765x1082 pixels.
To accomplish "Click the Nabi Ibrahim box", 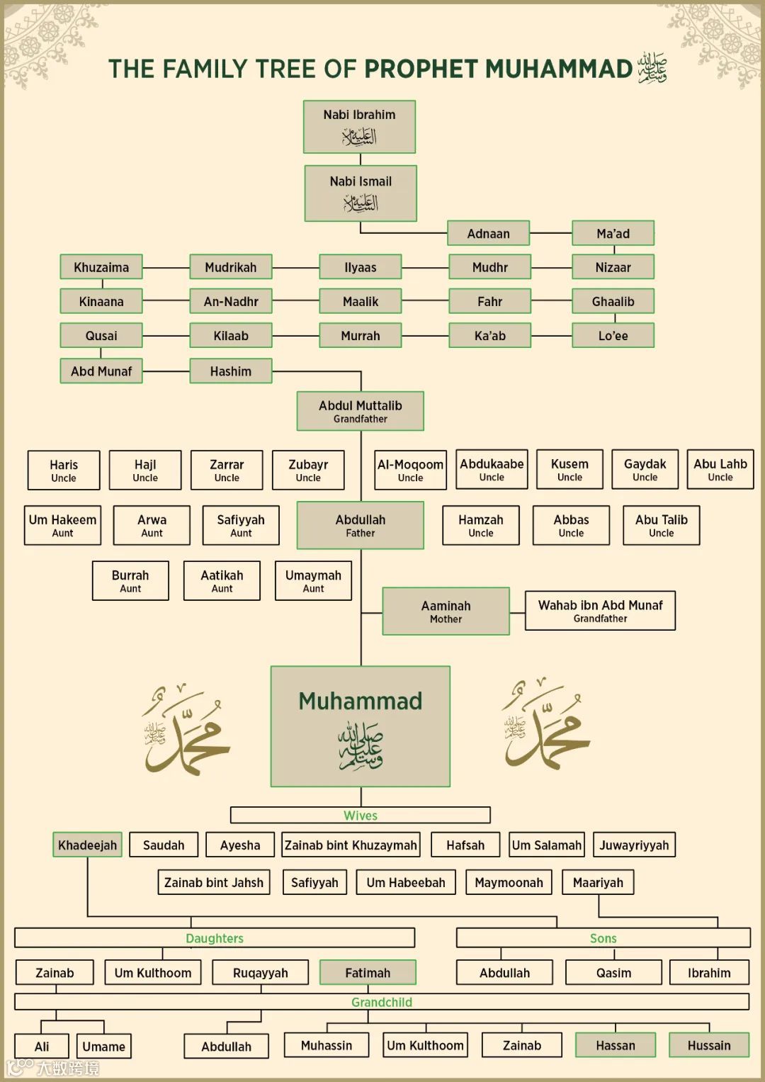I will tap(359, 126).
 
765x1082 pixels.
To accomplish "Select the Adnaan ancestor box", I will tap(488, 233).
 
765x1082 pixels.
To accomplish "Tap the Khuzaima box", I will tap(101, 267).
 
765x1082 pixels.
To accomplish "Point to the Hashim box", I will tap(230, 371).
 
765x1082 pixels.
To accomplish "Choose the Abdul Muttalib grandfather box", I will tap(360, 411).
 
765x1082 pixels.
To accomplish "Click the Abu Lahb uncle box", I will tap(720, 469).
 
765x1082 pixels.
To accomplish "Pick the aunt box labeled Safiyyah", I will tap(241, 525).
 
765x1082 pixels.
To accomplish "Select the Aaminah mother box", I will tap(446, 611).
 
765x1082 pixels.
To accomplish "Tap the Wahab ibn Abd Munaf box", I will tap(600, 610).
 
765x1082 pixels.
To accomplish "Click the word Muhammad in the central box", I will tap(360, 701).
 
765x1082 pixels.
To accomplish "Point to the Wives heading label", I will tap(360, 816).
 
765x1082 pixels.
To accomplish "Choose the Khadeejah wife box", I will tap(87, 845).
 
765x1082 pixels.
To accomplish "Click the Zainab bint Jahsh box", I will tap(213, 882).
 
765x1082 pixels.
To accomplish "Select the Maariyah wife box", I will tap(598, 882).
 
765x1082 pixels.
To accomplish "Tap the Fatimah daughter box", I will tap(368, 972).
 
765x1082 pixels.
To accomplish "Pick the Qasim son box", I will tap(613, 972).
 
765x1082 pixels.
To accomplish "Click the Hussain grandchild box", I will tap(708, 1045).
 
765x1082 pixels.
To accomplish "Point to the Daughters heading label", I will tap(215, 938).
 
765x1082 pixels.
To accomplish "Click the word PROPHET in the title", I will tap(421, 69).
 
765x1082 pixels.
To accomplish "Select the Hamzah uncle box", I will tap(480, 525).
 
